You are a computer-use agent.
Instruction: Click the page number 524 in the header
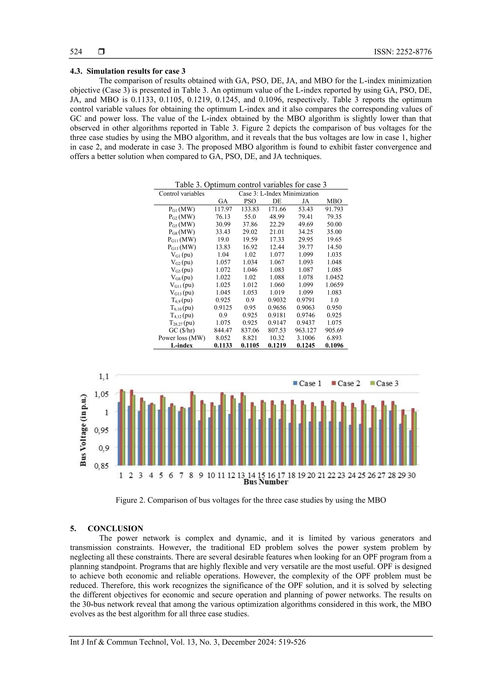[x=76, y=52]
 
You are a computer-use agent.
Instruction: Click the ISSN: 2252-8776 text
[x=403, y=52]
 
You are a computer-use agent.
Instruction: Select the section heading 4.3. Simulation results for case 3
[x=128, y=71]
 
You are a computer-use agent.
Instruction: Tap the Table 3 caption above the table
[x=251, y=185]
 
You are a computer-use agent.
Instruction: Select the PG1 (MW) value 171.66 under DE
[x=277, y=209]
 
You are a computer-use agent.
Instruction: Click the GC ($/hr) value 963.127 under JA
[x=306, y=330]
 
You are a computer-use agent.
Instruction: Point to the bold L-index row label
[x=182, y=346]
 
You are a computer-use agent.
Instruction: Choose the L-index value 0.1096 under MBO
[x=334, y=346]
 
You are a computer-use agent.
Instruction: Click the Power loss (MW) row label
[x=182, y=338]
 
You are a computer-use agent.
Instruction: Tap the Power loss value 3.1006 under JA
[x=306, y=338]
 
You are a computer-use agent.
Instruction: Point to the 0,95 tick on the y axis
[x=101, y=430]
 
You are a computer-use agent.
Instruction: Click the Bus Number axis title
[x=266, y=482]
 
